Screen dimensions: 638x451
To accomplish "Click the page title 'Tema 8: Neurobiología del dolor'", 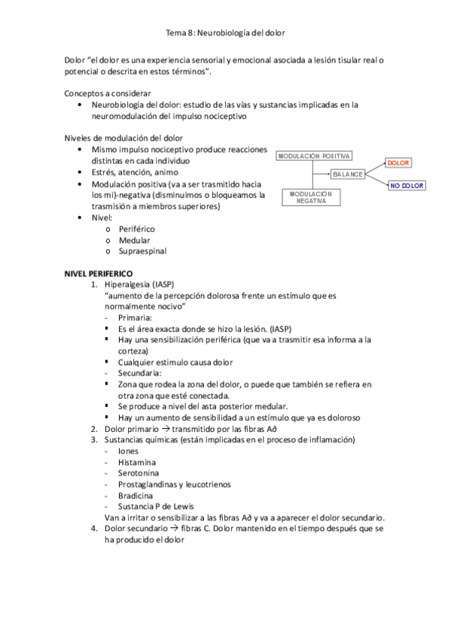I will tap(225, 32).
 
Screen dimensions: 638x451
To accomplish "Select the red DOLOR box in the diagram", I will tap(398, 163).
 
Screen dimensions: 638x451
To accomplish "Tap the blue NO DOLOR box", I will tap(407, 185).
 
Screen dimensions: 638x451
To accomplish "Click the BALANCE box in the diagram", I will tap(348, 174).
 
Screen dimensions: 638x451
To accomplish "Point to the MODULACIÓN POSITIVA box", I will tap(314, 156).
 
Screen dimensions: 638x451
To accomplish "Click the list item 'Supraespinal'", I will tap(143, 251).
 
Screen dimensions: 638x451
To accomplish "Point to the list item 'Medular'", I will tap(135, 239).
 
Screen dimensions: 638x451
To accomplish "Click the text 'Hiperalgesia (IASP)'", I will tap(140, 284).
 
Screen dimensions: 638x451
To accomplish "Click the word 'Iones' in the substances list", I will tap(129, 450).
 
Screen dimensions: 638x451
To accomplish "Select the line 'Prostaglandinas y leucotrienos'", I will tap(174, 484).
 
